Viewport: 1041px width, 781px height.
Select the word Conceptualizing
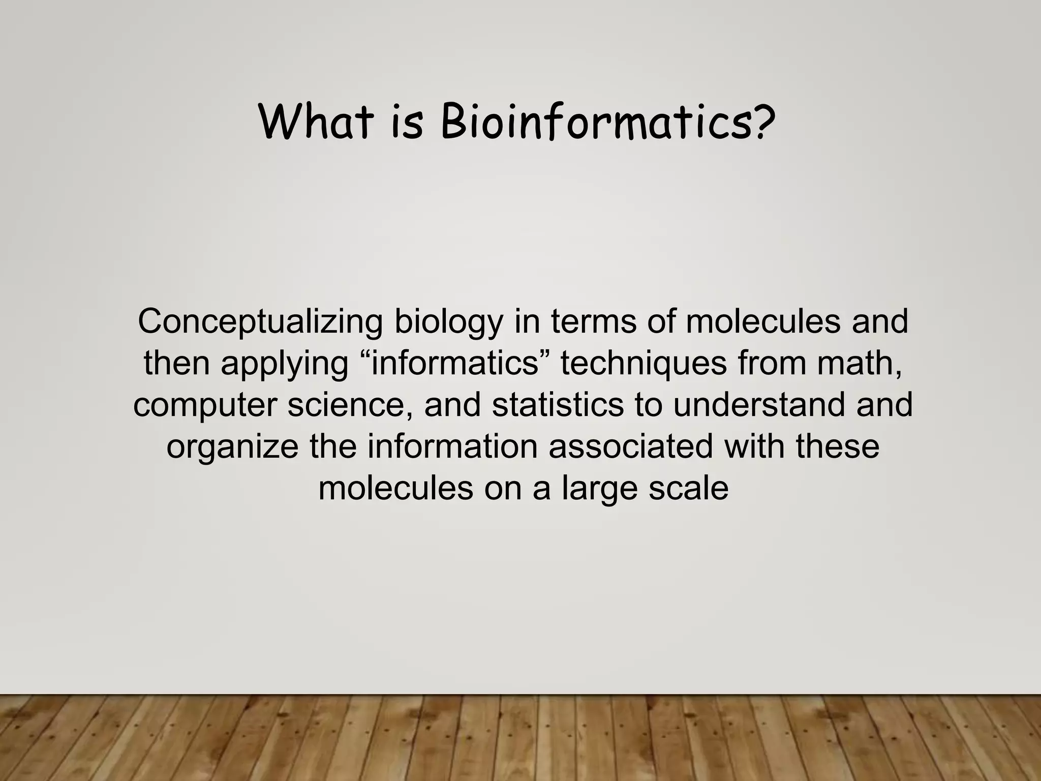[x=260, y=322]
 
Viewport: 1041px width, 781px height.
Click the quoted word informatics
[x=455, y=364]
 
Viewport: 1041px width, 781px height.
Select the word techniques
[x=644, y=365]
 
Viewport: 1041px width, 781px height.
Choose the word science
[x=351, y=406]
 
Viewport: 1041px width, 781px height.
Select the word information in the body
[x=452, y=446]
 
